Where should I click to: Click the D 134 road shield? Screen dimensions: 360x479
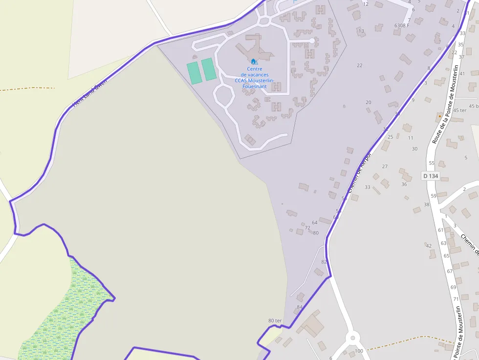tap(430, 175)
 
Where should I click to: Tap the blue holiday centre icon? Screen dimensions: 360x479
tap(254, 62)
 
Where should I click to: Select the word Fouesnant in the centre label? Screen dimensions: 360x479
tap(255, 86)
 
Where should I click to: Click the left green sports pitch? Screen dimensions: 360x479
tap(194, 72)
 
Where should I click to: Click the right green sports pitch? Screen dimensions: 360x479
tap(209, 69)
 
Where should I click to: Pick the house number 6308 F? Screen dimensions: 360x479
tap(402, 25)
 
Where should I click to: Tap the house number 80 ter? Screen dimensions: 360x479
tap(275, 320)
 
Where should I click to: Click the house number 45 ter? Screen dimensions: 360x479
tap(459, 110)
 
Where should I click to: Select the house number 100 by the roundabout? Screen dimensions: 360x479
tap(359, 351)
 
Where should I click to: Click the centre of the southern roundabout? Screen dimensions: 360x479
tap(352, 338)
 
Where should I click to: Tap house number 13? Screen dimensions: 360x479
tap(361, 31)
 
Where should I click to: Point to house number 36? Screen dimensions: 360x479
tap(404, 184)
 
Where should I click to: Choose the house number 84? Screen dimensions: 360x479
tap(300, 307)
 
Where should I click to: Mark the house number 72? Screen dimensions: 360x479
tap(307, 228)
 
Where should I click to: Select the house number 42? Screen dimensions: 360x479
tap(429, 245)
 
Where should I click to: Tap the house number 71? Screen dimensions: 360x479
tap(456, 299)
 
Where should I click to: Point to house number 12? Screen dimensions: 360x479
tap(365, 4)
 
